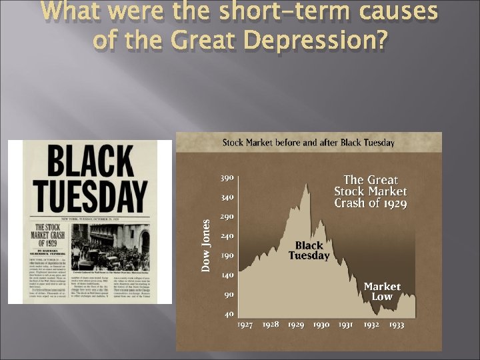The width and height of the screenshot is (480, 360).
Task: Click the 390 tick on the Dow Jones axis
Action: coord(227,179)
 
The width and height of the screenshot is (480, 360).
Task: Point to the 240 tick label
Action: coord(227,236)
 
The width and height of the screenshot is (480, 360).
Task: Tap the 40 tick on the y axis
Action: coord(229,313)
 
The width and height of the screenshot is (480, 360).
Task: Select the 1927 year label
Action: coord(245,325)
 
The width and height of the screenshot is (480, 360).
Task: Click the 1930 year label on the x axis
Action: coord(321,325)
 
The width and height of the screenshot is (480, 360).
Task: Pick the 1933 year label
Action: coord(396,325)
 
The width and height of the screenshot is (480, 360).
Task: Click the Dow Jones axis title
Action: coord(207,245)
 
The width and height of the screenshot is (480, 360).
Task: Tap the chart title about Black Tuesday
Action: coord(308,142)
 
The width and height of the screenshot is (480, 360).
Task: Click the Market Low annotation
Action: coord(382,291)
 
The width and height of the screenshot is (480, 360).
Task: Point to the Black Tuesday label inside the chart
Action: coord(309,251)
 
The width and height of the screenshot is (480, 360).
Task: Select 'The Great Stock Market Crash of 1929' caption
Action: coord(371,191)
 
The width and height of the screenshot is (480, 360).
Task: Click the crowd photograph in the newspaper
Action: coord(111,247)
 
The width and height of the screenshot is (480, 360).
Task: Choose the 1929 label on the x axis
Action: coord(296,325)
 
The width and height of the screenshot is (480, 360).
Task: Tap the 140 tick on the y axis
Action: coord(227,275)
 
